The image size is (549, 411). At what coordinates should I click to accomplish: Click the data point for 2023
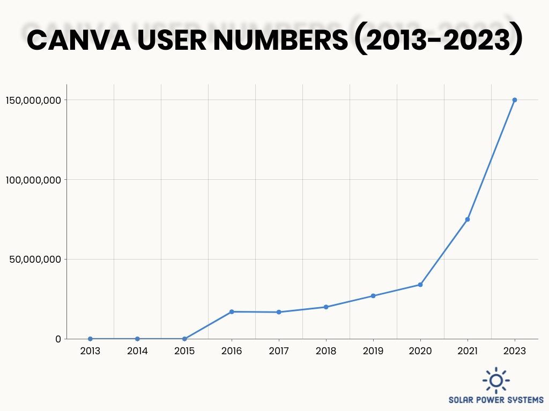[515, 100]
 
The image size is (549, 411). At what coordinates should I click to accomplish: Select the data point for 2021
[468, 219]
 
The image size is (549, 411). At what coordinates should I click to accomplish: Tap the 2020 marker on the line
[420, 285]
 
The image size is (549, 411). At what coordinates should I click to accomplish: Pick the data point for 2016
[232, 311]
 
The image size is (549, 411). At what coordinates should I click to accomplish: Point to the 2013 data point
[90, 339]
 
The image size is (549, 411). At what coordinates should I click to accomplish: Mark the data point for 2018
[326, 307]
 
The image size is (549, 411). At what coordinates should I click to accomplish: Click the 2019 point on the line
[373, 296]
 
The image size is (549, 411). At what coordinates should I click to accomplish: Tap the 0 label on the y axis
[58, 339]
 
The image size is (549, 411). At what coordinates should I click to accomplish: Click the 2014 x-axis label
[137, 351]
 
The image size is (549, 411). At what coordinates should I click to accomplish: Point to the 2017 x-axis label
[279, 351]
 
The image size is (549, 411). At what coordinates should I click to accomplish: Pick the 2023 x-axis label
[515, 351]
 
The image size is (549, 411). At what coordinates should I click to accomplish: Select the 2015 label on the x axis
[184, 351]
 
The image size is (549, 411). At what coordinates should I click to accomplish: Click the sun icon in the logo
[496, 380]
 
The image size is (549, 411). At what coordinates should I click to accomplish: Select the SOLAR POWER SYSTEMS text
[496, 400]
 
